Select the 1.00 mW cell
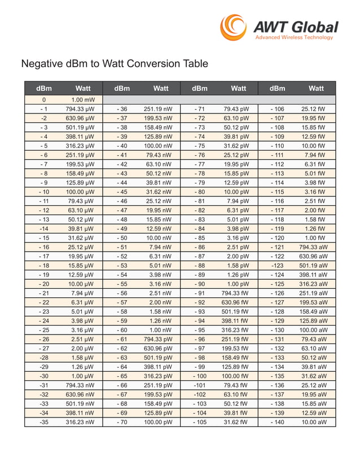pyautogui.click(x=83, y=100)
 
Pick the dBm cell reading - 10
pyautogui.click(x=44, y=192)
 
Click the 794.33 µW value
pyautogui.click(x=80, y=109)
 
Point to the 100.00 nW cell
pyautogui.click(x=158, y=146)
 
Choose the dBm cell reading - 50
pyautogui.click(x=122, y=238)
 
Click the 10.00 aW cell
pyautogui.click(x=314, y=422)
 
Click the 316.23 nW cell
pyautogui.click(x=80, y=422)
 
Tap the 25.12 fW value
pyautogui.click(x=314, y=109)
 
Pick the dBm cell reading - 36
pyautogui.click(x=122, y=109)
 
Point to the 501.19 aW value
pyautogui.click(x=314, y=265)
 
